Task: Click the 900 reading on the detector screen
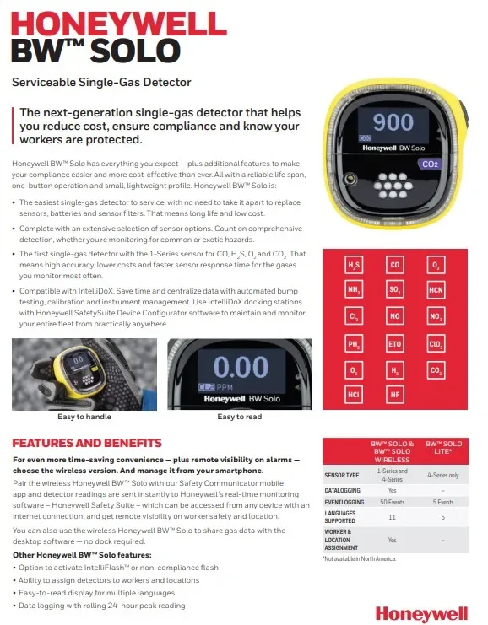[x=394, y=121]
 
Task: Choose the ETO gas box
[x=394, y=344]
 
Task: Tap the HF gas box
[x=394, y=393]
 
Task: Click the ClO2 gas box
[x=436, y=344]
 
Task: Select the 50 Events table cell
[x=393, y=502]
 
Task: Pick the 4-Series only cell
[x=443, y=475]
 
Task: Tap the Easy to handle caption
[x=84, y=417]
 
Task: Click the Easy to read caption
[x=239, y=417]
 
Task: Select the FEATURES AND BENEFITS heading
[x=87, y=443]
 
